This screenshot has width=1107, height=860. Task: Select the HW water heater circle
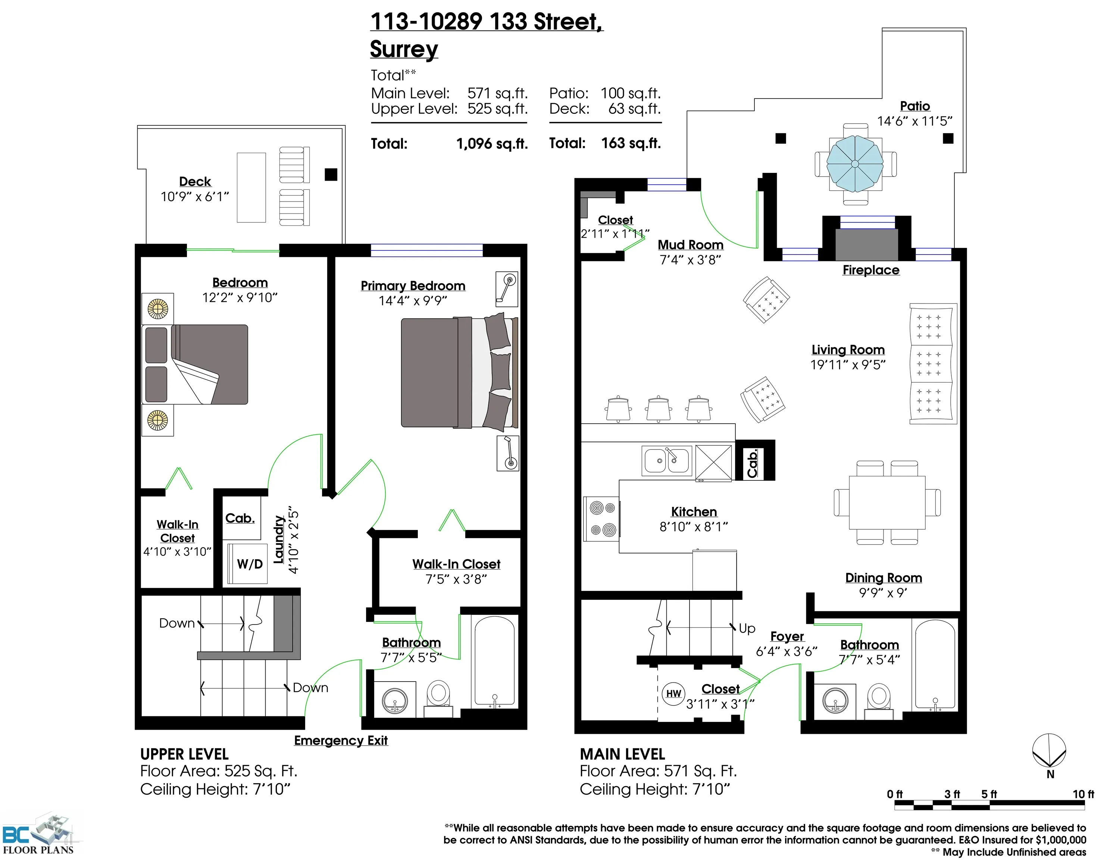tap(673, 694)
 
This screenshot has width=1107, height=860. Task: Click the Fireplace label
tap(871, 270)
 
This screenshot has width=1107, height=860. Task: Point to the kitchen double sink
tap(666, 461)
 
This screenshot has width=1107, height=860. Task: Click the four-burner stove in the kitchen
tap(602, 518)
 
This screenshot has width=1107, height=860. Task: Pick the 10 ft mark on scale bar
tap(1083, 794)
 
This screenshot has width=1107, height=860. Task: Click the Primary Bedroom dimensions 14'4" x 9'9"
tap(413, 301)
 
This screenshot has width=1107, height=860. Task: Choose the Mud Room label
tap(690, 245)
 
